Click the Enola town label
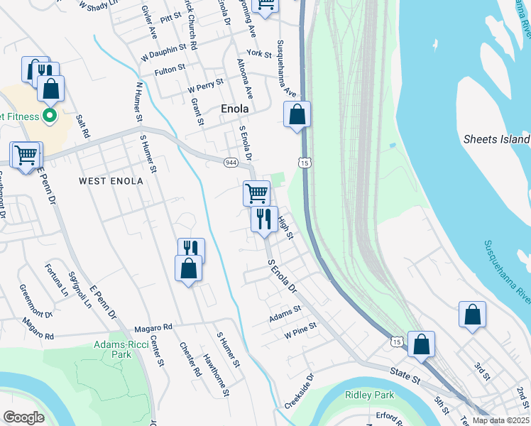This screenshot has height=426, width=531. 234,109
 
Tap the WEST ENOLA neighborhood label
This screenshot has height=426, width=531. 111,181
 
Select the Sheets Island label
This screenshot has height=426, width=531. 496,139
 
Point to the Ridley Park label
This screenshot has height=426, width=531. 364,395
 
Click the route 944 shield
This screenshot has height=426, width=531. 231,163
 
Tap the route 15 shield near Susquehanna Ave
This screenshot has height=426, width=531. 305,163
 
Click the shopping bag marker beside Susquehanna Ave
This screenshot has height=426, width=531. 297,114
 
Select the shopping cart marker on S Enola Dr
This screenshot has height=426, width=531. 256,192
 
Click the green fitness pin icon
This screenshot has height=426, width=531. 50,114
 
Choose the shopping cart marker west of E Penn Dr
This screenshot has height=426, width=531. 26,154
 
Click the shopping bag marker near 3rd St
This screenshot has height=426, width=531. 472,315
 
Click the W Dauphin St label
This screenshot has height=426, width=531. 163,50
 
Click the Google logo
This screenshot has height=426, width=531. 23,417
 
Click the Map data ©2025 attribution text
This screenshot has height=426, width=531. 501,420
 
